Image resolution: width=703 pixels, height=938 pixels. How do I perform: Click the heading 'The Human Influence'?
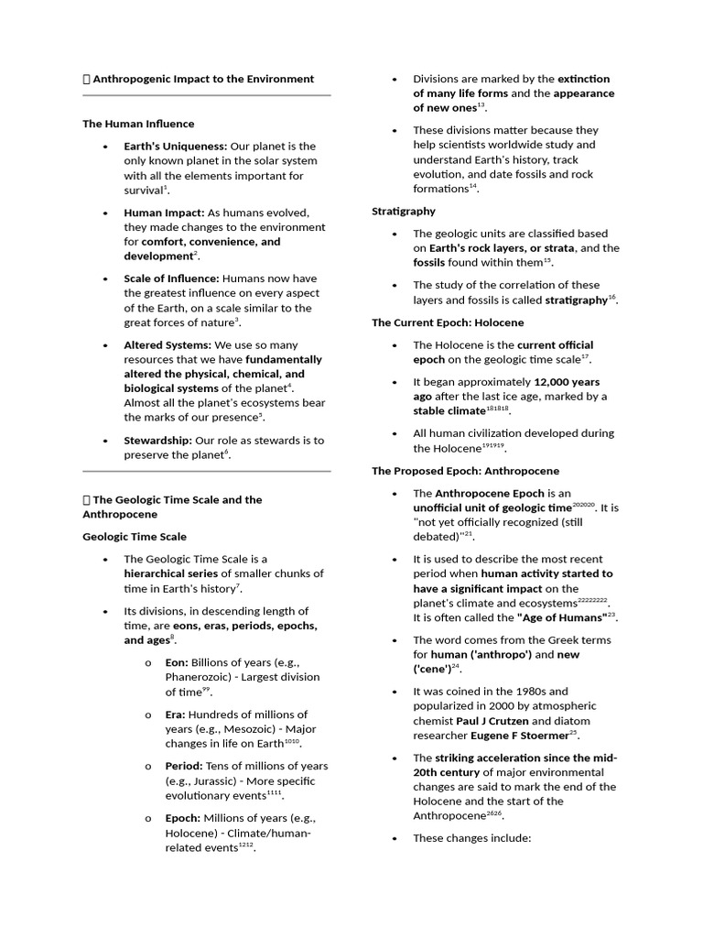138,124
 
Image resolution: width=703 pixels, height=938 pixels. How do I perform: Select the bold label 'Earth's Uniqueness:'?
175,146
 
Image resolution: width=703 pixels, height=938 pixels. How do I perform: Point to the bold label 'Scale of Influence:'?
171,278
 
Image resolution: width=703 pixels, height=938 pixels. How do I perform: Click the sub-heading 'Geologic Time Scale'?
135,537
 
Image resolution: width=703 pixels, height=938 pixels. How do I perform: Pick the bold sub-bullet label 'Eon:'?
177,662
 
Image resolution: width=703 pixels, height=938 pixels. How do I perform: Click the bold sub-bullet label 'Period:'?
184,766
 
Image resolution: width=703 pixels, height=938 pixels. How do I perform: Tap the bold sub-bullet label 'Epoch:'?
183,818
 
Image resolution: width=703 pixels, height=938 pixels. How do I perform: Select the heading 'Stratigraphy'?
404,211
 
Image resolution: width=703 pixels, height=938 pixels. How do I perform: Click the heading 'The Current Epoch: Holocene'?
448,322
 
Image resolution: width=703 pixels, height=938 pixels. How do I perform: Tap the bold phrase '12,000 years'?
567,382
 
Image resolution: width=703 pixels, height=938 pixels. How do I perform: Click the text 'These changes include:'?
472,838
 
